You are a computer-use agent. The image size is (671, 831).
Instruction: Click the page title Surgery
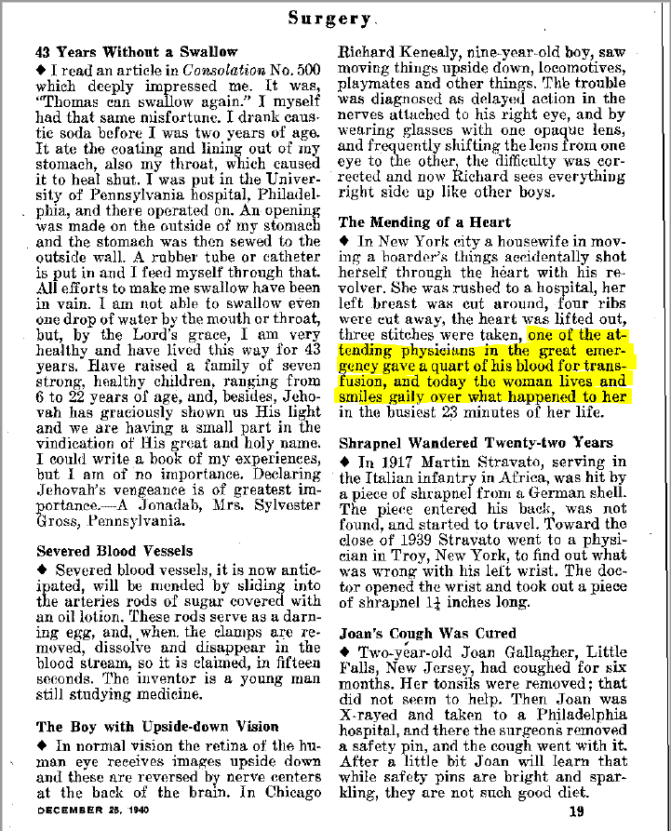click(330, 17)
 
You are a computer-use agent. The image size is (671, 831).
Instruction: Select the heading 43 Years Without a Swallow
click(136, 52)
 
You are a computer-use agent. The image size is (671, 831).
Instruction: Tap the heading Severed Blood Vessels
click(114, 551)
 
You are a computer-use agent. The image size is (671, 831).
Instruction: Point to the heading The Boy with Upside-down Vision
click(156, 726)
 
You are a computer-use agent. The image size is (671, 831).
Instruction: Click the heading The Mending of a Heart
click(424, 222)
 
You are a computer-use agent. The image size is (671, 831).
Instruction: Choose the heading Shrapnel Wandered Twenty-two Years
click(476, 443)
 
